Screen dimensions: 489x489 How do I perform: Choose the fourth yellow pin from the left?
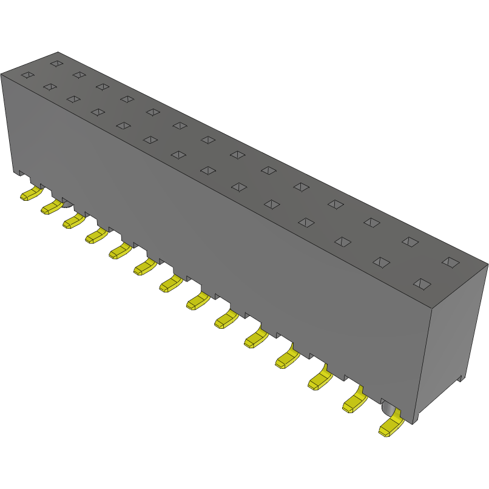(96, 235)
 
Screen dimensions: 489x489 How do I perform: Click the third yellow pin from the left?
(73, 221)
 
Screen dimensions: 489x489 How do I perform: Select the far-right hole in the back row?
(450, 262)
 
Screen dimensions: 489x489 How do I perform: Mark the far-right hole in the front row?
(421, 283)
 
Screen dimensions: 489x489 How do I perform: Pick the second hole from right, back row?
(410, 242)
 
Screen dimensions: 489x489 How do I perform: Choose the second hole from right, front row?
(380, 262)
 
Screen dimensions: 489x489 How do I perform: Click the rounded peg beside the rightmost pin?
(386, 408)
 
